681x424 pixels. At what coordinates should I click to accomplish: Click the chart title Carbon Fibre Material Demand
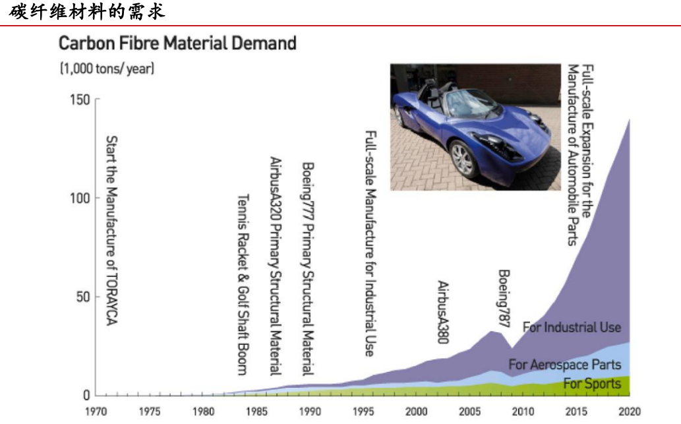tap(177, 44)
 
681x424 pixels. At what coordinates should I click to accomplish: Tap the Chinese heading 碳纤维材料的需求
tap(86, 11)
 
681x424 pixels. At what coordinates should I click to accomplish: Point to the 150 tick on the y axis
tap(79, 100)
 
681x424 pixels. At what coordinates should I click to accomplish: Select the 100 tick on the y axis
tap(79, 198)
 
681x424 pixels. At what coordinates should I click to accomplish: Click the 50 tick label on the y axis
tap(82, 297)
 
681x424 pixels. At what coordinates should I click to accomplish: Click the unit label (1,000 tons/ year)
tap(107, 69)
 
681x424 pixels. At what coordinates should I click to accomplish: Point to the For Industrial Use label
tap(572, 327)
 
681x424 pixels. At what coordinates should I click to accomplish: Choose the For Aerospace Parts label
tap(564, 364)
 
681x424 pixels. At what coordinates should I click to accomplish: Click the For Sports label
tap(592, 383)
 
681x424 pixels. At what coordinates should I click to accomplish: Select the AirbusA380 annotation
tap(443, 312)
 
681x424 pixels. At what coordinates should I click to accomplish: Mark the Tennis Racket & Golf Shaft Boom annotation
tap(242, 284)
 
